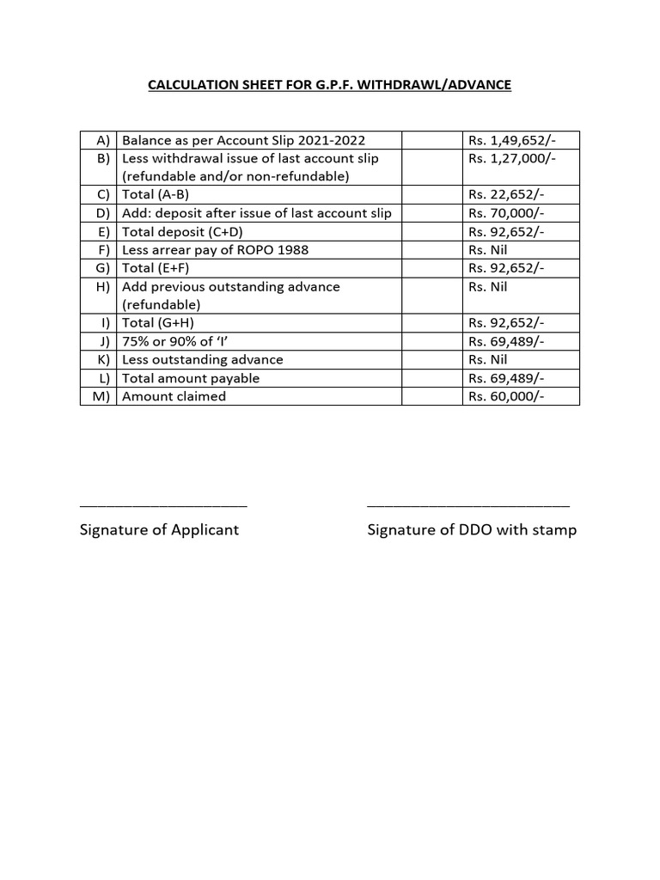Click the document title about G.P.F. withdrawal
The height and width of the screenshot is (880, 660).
(330, 85)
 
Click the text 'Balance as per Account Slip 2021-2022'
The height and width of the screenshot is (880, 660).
(249, 140)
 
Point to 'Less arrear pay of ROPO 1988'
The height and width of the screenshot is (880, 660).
(215, 250)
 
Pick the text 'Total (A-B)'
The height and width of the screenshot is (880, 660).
(157, 195)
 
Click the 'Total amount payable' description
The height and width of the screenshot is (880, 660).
(191, 378)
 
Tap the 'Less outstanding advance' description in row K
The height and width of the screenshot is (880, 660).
(203, 360)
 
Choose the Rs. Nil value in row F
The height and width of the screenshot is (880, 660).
(488, 250)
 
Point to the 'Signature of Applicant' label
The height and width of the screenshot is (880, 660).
(159, 530)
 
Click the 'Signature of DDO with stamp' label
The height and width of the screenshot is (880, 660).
(472, 530)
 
